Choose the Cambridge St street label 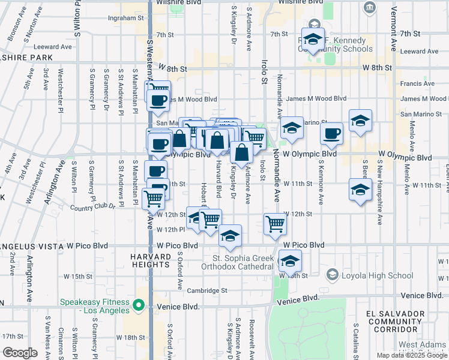pos(208,290)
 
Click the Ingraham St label pos(123,18)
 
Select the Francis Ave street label pos(417,84)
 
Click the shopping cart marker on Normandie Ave pos(275,224)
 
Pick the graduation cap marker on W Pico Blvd pos(229,236)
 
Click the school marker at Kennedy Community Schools pos(313,40)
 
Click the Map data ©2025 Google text pos(412,355)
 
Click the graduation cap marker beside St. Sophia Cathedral pos(290,261)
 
